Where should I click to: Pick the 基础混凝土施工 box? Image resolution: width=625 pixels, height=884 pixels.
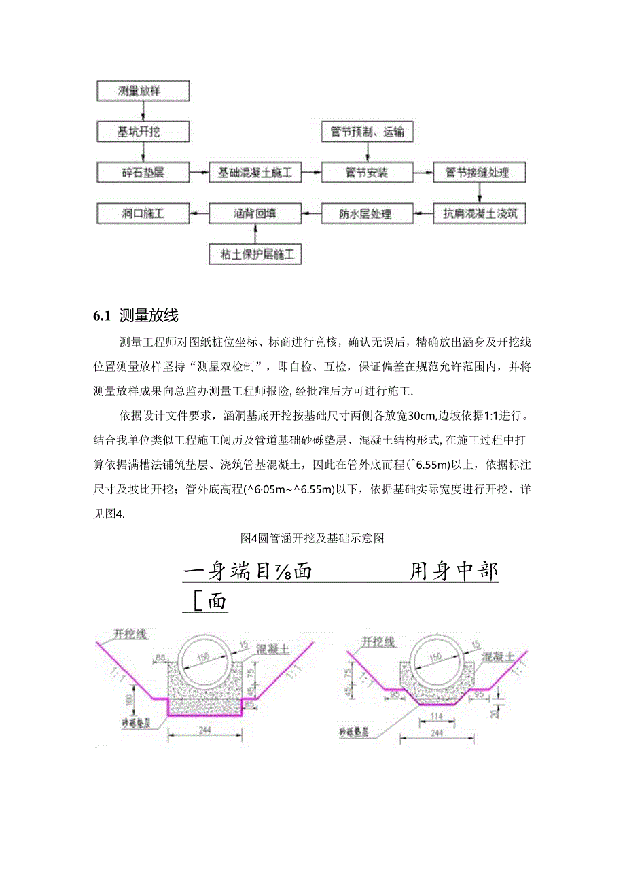pyautogui.click(x=255, y=173)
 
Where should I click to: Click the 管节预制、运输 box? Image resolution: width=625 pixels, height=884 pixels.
pyautogui.click(x=367, y=132)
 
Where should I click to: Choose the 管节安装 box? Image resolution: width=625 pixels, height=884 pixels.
pyautogui.click(x=367, y=173)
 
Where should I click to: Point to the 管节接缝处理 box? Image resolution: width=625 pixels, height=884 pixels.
pyautogui.click(x=480, y=173)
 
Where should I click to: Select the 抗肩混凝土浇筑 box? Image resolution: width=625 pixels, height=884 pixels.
pyautogui.click(x=480, y=214)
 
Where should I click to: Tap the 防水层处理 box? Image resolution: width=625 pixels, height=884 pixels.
pyautogui.click(x=367, y=214)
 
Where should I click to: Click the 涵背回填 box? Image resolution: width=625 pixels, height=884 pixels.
pyautogui.click(x=255, y=214)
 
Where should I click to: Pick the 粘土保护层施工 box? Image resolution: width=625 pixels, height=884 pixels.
pyautogui.click(x=255, y=255)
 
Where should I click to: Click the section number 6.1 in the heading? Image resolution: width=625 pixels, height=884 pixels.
pyautogui.click(x=101, y=316)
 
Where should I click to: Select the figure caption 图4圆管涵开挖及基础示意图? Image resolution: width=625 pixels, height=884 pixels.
pyautogui.click(x=313, y=539)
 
